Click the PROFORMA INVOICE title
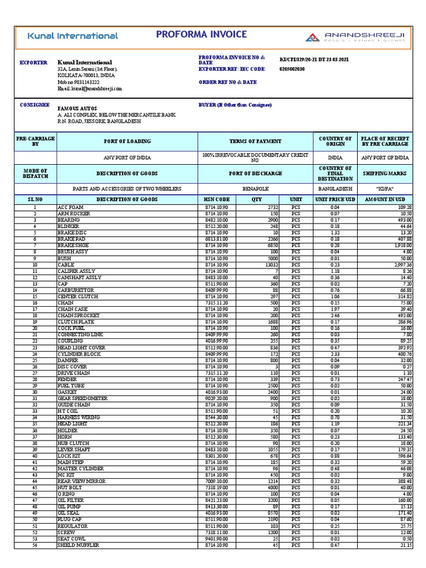(201, 34)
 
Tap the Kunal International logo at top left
(73, 36)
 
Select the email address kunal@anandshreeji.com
(89, 88)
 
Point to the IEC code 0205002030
(292, 69)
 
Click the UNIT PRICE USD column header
(335, 199)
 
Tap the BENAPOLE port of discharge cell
(255, 189)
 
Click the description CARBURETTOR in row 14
(76, 290)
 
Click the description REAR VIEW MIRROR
(81, 481)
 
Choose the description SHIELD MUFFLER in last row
(78, 545)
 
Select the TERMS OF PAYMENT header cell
(255, 141)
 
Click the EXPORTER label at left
(33, 63)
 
